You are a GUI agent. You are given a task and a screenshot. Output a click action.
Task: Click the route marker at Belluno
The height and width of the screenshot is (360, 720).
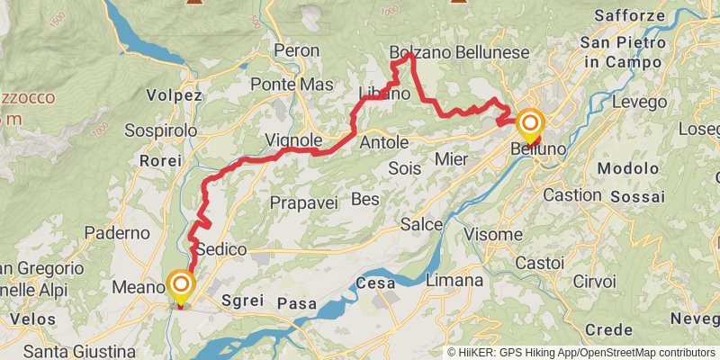(530, 125)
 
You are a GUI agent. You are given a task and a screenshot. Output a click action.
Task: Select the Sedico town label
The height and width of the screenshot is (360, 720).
(221, 248)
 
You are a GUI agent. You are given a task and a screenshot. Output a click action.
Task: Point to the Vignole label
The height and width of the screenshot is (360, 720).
(293, 140)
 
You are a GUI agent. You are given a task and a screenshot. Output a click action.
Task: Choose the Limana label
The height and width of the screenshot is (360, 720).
(454, 281)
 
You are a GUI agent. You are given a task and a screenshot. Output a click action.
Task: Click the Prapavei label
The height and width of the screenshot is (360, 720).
(303, 203)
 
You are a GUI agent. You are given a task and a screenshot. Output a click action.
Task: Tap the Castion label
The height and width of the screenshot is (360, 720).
(571, 194)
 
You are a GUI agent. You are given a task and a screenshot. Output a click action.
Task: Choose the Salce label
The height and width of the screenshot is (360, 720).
(421, 223)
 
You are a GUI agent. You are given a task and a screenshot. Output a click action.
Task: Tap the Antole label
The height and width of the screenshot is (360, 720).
(383, 143)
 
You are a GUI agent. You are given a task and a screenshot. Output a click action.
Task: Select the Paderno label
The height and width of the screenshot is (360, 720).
(117, 232)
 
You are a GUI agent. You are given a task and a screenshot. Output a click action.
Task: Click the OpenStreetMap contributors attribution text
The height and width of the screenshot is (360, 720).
(646, 352)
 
